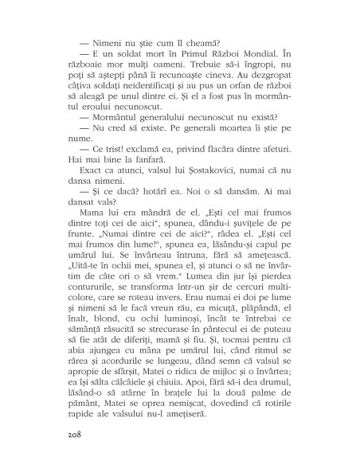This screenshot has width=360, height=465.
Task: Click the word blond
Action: (x=104, y=327)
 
